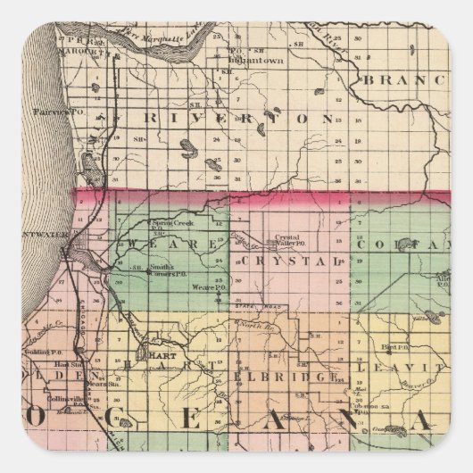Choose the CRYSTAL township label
[x=291, y=261]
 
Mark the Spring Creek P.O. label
[x=171, y=222]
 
